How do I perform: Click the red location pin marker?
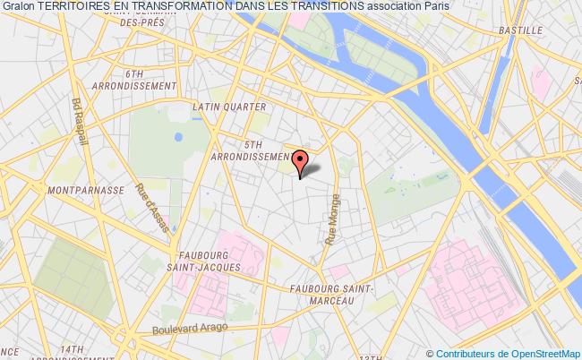click(299, 163)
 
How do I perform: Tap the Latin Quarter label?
click(230, 107)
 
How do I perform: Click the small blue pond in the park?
click(179, 137)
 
